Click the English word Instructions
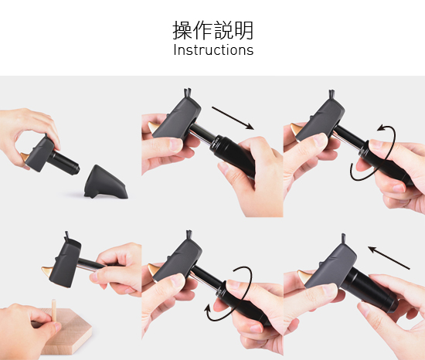click(213, 50)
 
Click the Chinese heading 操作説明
click(213, 30)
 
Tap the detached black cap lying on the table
click(106, 182)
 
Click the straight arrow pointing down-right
click(233, 118)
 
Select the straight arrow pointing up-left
click(389, 257)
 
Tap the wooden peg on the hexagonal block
click(54, 311)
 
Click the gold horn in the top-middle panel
click(153, 127)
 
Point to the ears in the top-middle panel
click(188, 93)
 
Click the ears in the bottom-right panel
click(343, 238)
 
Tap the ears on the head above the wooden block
click(67, 236)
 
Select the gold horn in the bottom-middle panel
click(154, 270)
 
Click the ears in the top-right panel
click(331, 94)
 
